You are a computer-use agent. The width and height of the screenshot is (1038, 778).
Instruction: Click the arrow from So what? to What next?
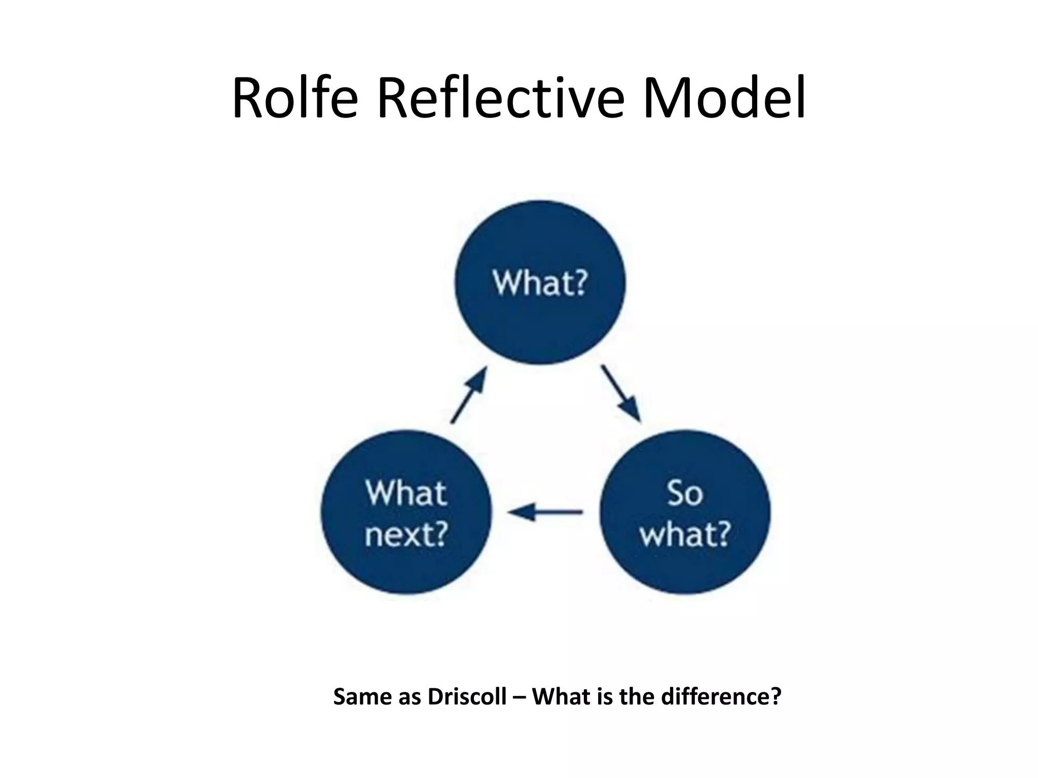545,512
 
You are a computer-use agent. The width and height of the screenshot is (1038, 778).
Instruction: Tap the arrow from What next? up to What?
469,395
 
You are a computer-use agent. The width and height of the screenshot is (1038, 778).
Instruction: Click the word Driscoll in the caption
467,697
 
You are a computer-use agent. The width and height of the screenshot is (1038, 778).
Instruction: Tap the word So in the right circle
685,493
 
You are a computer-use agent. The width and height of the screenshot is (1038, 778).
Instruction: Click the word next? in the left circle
406,534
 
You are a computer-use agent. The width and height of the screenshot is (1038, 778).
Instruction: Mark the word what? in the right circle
685,534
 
